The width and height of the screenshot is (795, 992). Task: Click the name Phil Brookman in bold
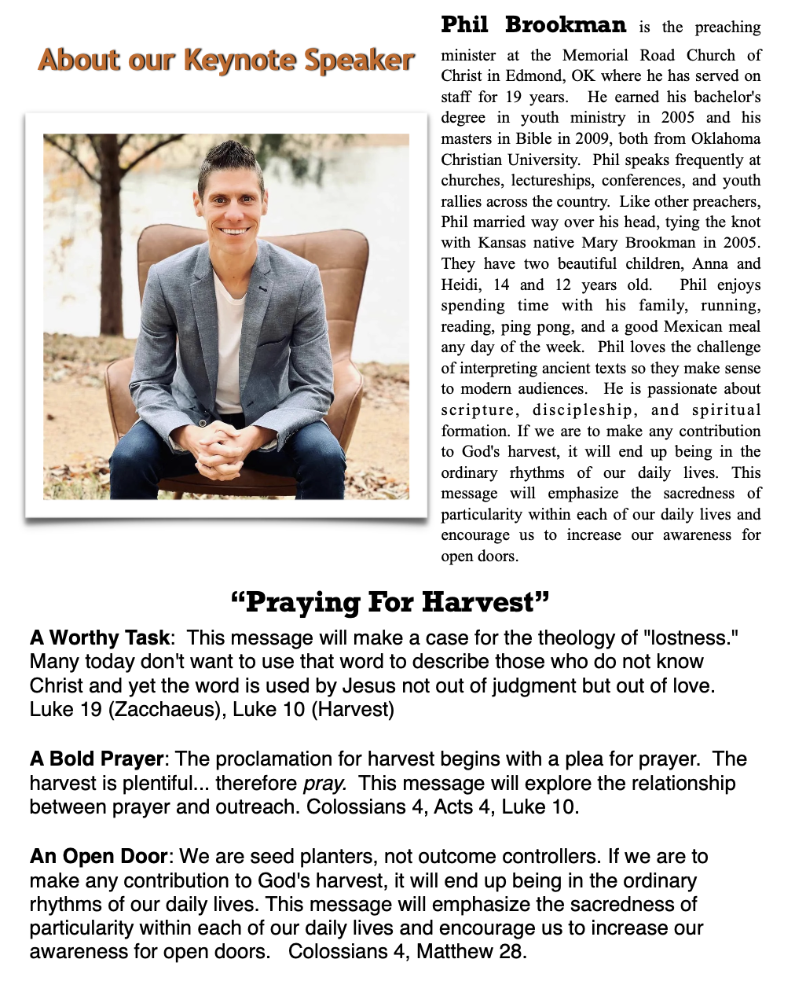[x=533, y=25]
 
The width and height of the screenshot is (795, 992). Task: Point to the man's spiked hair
[x=229, y=158]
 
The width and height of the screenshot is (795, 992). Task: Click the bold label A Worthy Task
[x=99, y=637]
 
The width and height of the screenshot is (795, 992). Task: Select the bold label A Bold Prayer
[x=96, y=759]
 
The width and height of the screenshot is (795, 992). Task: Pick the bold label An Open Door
[x=98, y=857]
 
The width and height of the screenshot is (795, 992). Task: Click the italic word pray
[x=324, y=784]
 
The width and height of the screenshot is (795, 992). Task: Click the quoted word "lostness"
[x=687, y=637]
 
